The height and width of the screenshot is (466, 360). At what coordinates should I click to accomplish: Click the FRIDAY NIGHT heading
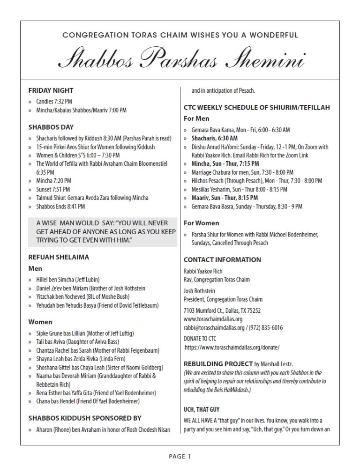coord(51,90)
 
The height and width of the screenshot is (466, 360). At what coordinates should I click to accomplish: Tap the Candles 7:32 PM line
coord(54,101)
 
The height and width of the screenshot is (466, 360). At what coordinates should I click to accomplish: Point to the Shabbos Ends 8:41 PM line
coord(60,206)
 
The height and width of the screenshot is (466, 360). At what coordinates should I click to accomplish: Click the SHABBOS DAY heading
coord(51,127)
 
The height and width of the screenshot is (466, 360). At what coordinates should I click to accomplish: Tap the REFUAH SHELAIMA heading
coord(59,257)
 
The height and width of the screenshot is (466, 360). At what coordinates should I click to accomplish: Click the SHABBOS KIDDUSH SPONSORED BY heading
coord(85,418)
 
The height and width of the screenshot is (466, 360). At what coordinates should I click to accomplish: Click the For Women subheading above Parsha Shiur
coord(201,223)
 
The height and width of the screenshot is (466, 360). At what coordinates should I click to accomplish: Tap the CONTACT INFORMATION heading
coord(222,259)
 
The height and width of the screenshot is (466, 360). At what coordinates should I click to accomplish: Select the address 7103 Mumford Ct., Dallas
coord(222,310)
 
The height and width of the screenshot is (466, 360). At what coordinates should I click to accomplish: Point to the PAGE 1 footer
coord(180,456)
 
